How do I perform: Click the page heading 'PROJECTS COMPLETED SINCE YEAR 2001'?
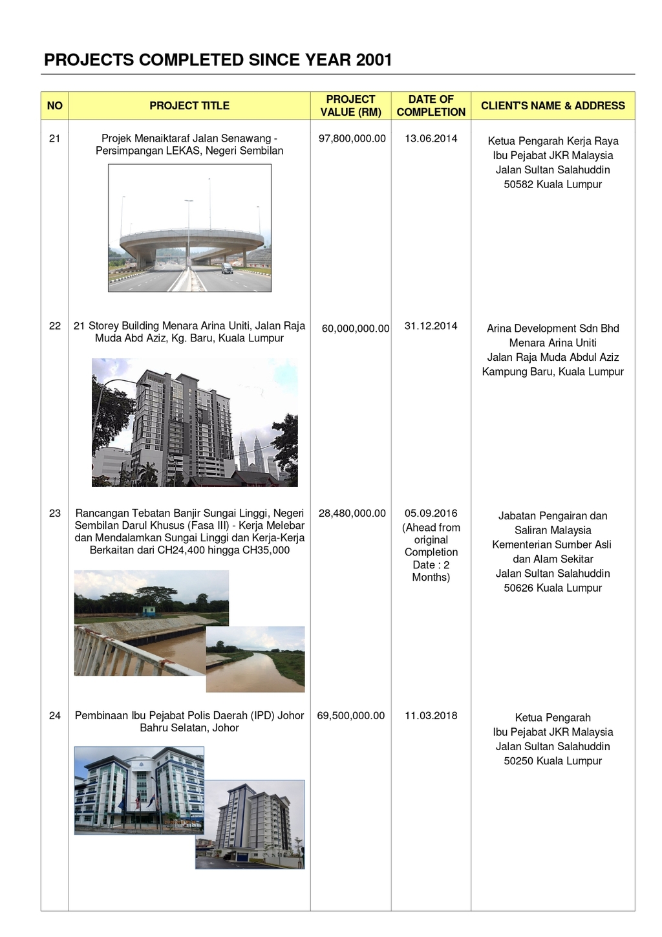[218, 60]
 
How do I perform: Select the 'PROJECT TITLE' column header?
[189, 105]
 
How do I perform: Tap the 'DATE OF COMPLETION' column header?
[431, 105]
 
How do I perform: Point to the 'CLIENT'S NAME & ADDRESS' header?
[553, 105]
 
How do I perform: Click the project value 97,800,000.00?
[352, 138]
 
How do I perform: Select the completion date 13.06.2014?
[431, 138]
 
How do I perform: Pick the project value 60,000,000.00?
[356, 328]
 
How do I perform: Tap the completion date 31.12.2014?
[431, 326]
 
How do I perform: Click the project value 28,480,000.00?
[352, 513]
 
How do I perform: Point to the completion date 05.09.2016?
[431, 513]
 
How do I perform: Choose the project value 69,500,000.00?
[351, 716]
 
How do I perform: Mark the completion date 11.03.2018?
[431, 716]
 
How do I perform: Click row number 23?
[55, 513]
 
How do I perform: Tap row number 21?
[55, 138]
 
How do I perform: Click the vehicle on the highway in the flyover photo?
[227, 268]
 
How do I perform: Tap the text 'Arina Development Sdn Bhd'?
[553, 328]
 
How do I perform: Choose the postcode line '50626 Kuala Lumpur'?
[553, 588]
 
